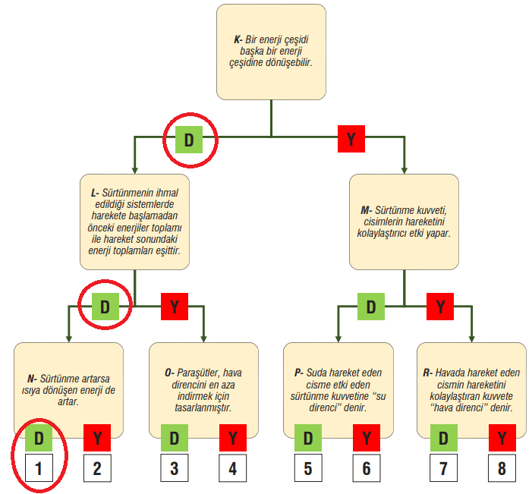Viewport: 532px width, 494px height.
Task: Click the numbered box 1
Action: coord(39,467)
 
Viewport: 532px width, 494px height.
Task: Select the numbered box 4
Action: coord(233,468)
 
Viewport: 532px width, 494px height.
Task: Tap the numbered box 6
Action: coord(367,468)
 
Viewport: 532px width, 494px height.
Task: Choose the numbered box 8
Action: coord(501,468)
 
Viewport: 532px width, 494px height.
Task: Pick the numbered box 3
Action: coord(175,468)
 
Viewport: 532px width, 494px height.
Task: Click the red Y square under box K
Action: coord(351,139)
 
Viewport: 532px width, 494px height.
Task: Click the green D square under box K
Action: coord(189,140)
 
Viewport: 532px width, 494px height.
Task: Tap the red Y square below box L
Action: coord(175,307)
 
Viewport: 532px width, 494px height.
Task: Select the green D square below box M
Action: coord(371,307)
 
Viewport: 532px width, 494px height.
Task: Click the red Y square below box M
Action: coord(440,307)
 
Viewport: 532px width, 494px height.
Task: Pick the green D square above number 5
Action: coord(308,439)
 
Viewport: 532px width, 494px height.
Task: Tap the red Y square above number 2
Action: coord(97,439)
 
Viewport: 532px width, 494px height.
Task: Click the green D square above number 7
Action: coord(442,439)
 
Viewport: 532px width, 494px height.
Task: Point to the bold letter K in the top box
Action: coord(238,38)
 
